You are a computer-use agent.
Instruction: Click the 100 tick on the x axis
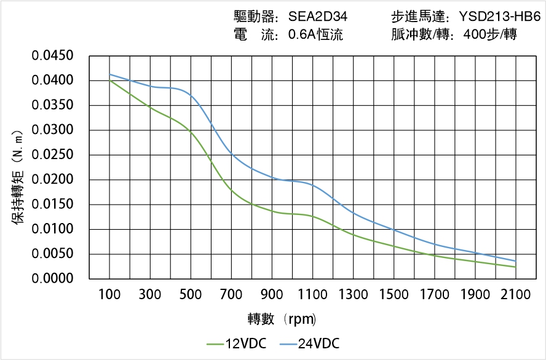[110, 295]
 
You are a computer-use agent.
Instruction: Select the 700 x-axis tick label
[231, 295]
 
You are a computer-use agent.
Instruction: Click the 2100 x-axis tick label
[515, 295]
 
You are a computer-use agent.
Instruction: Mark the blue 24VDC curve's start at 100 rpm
[110, 74]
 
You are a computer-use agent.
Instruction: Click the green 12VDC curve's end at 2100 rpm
[515, 267]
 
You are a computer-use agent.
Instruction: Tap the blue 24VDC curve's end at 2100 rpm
[515, 261]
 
